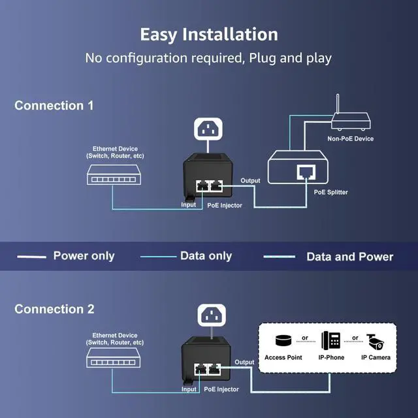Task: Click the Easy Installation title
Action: click(x=209, y=34)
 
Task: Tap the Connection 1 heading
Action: click(x=54, y=105)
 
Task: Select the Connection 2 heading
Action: click(x=54, y=309)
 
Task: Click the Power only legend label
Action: click(x=84, y=256)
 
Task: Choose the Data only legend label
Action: click(x=206, y=256)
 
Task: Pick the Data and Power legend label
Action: click(x=349, y=257)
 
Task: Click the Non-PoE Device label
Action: click(x=350, y=139)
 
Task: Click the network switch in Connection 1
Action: click(x=116, y=173)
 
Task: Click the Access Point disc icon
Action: click(x=282, y=341)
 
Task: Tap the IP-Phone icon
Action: click(x=330, y=341)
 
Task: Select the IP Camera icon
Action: click(x=376, y=341)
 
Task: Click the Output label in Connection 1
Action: click(x=250, y=181)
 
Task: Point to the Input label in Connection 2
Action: click(x=189, y=389)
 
